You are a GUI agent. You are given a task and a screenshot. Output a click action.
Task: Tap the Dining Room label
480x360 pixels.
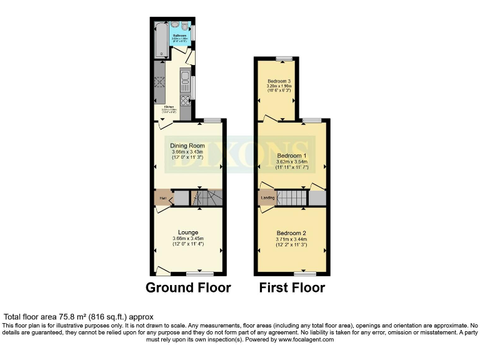[187, 146]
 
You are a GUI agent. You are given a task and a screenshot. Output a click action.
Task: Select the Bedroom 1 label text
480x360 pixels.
[292, 155]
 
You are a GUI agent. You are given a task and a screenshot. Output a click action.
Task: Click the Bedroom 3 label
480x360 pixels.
[279, 81]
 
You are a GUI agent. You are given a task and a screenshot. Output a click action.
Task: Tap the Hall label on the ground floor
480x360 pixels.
[162, 199]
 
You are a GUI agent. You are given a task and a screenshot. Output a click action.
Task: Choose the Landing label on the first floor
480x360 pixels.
[267, 199]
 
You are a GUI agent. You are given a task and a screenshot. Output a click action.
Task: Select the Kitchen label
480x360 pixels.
[169, 107]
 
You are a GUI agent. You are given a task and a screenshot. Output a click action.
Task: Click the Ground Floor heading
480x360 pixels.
[188, 288]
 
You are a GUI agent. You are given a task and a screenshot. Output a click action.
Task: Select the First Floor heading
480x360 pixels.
[292, 288]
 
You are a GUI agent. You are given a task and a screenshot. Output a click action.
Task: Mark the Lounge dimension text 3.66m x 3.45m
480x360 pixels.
[187, 239]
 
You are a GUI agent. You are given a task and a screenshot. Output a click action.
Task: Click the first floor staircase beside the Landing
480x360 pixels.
[292, 199]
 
